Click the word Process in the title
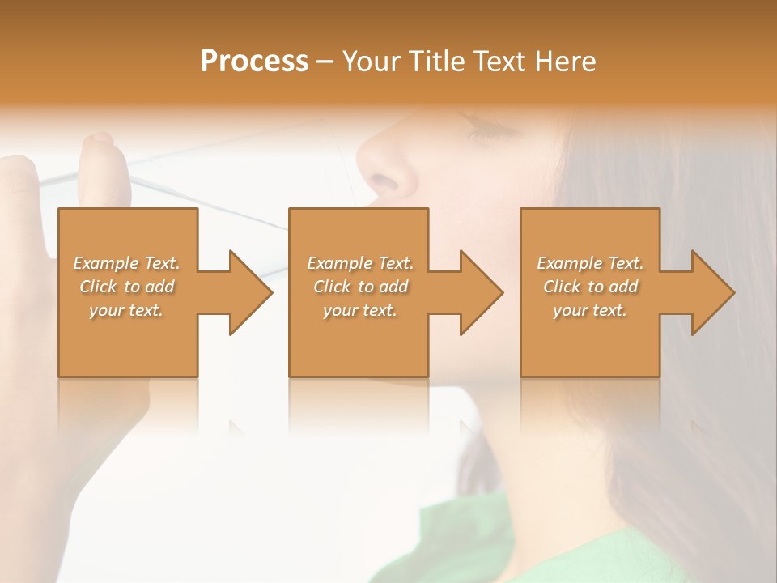[254, 62]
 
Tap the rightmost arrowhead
[711, 292]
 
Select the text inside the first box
[126, 287]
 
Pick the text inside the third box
[590, 287]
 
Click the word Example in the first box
[105, 263]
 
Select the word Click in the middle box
[331, 287]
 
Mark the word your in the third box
[571, 310]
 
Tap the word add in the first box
[160, 287]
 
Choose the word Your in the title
[371, 62]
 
